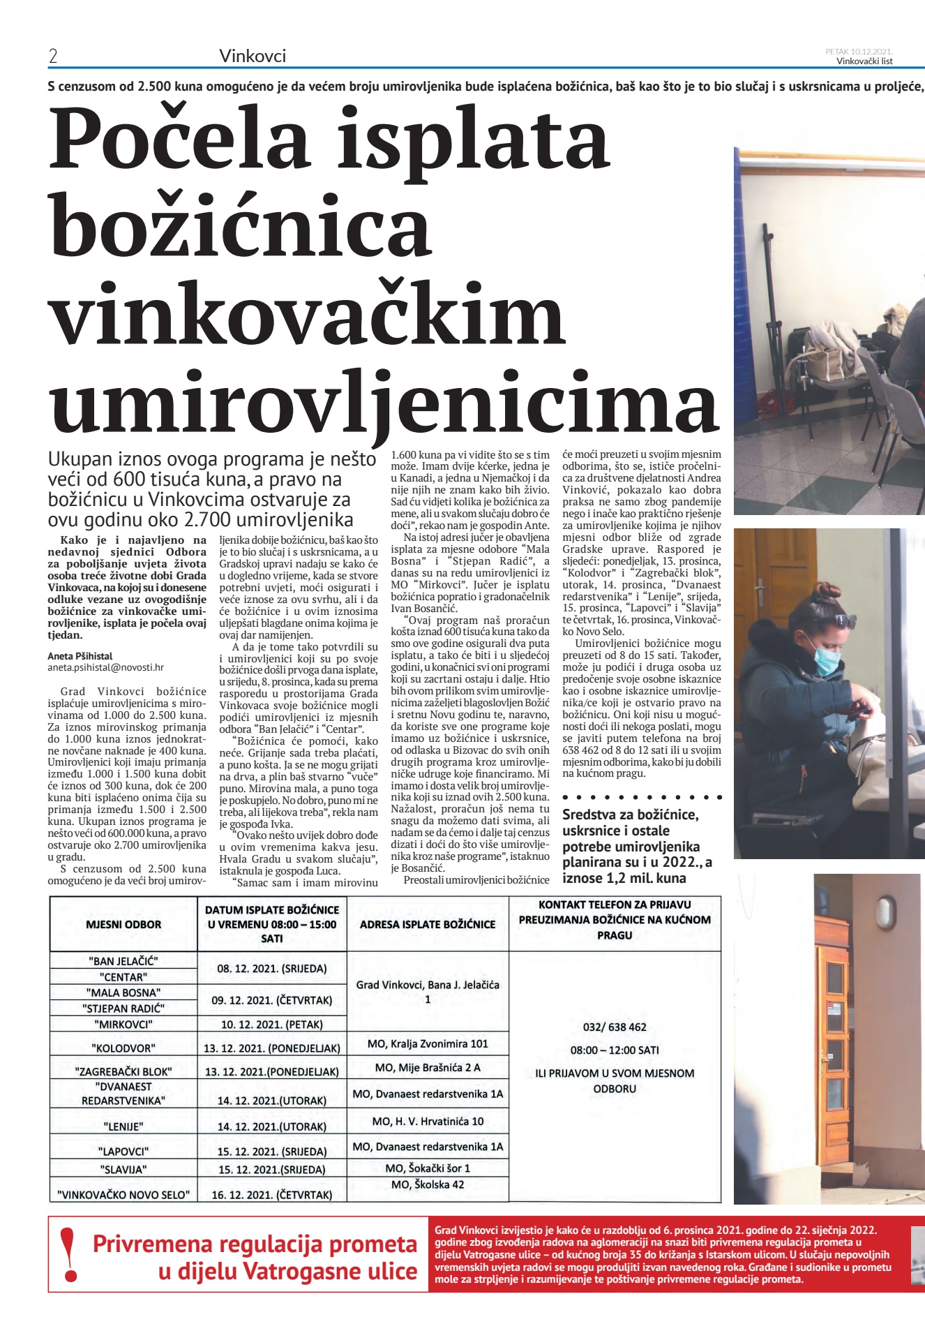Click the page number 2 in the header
[x=53, y=57]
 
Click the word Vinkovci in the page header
[x=253, y=56]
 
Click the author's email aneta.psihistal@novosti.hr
[x=105, y=667]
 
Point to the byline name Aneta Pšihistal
[x=80, y=656]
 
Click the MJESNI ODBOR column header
[x=123, y=924]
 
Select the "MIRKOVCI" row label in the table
[x=123, y=1025]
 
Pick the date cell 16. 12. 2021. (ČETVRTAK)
[x=272, y=1194]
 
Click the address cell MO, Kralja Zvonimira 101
[x=428, y=1043]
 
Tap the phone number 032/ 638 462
[x=615, y=1027]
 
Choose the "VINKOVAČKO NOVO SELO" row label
[x=123, y=1194]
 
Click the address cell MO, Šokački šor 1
[x=428, y=1168]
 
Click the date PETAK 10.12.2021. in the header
[x=859, y=51]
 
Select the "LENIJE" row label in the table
[x=123, y=1126]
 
